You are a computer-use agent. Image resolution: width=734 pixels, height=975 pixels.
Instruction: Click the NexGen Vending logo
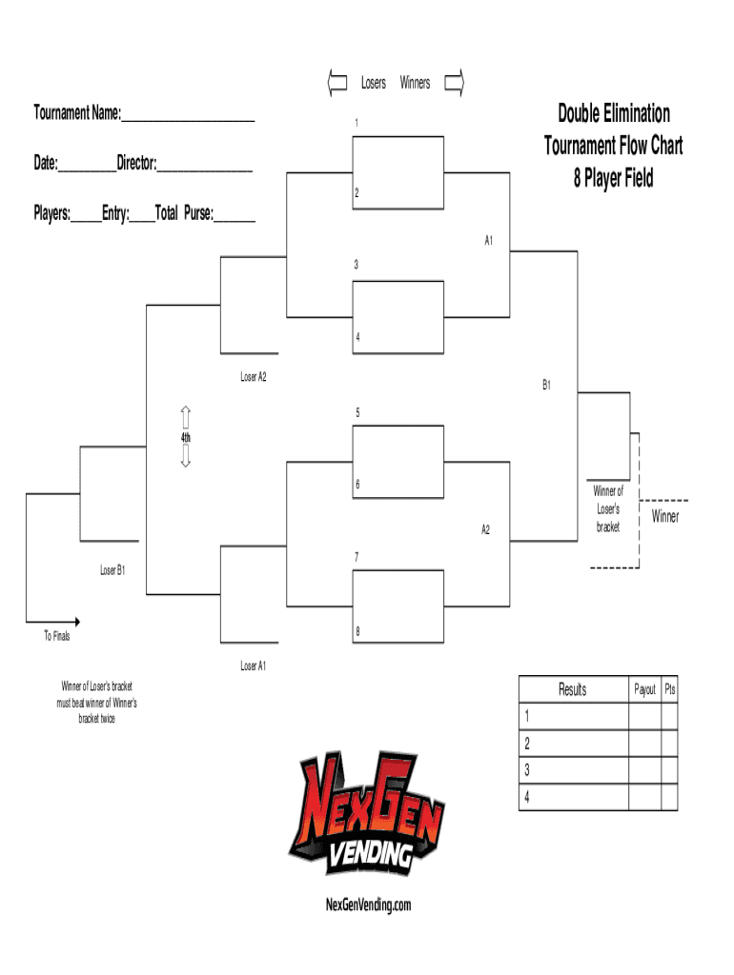pyautogui.click(x=367, y=814)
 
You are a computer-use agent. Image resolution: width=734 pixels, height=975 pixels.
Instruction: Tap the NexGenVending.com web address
pyautogui.click(x=367, y=905)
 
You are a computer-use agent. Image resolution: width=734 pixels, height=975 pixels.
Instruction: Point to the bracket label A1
pyautogui.click(x=487, y=241)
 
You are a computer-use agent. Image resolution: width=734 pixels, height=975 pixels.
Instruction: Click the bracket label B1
pyautogui.click(x=547, y=386)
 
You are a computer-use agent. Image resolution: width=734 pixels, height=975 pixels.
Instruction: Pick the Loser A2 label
pyautogui.click(x=253, y=377)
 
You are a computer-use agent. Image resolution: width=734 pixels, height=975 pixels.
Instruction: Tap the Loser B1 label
pyautogui.click(x=113, y=570)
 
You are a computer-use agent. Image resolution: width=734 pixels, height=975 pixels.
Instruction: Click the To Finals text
pyautogui.click(x=56, y=635)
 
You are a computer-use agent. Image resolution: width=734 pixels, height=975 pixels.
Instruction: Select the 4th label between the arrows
pyautogui.click(x=187, y=437)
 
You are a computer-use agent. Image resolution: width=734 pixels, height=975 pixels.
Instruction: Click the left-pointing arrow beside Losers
pyautogui.click(x=336, y=83)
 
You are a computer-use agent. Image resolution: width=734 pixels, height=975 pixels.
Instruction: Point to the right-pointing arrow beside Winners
pyautogui.click(x=455, y=83)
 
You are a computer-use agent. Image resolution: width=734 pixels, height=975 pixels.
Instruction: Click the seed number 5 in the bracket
pyautogui.click(x=357, y=413)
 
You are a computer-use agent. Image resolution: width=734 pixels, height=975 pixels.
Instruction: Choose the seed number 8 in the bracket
pyautogui.click(x=357, y=631)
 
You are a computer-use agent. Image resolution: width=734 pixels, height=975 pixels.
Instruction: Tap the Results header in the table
pyautogui.click(x=572, y=689)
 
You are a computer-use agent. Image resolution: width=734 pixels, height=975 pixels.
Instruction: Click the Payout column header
pyautogui.click(x=645, y=689)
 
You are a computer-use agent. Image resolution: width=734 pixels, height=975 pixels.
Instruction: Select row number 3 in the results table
pyautogui.click(x=527, y=770)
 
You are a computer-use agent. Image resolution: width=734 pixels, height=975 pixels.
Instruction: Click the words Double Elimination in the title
pyautogui.click(x=614, y=114)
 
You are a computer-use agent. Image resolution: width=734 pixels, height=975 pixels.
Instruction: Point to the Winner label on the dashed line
pyautogui.click(x=665, y=516)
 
